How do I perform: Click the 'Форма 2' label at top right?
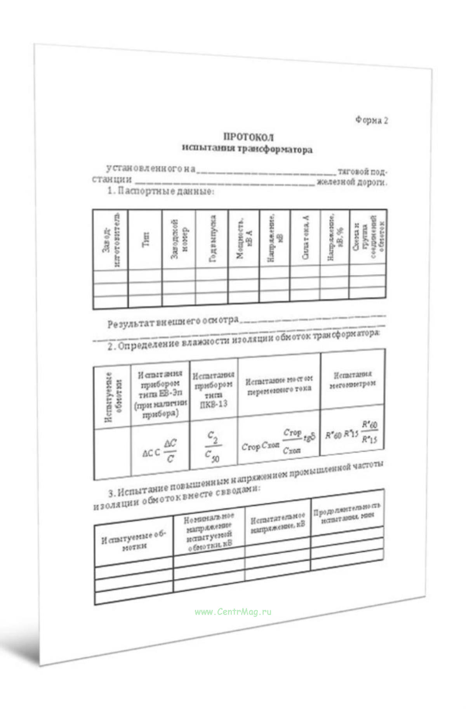(x=371, y=120)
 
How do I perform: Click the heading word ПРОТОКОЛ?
(x=248, y=137)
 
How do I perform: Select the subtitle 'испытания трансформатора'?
(x=247, y=148)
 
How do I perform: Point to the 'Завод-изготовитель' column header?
(x=110, y=240)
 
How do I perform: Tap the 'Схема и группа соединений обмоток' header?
(x=368, y=238)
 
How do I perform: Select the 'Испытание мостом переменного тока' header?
(x=279, y=384)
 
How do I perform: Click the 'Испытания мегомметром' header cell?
(x=352, y=379)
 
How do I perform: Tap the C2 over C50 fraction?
(x=212, y=447)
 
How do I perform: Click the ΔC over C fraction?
(x=170, y=451)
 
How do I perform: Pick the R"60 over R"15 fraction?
(x=369, y=432)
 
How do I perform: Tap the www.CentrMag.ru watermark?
(x=233, y=611)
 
